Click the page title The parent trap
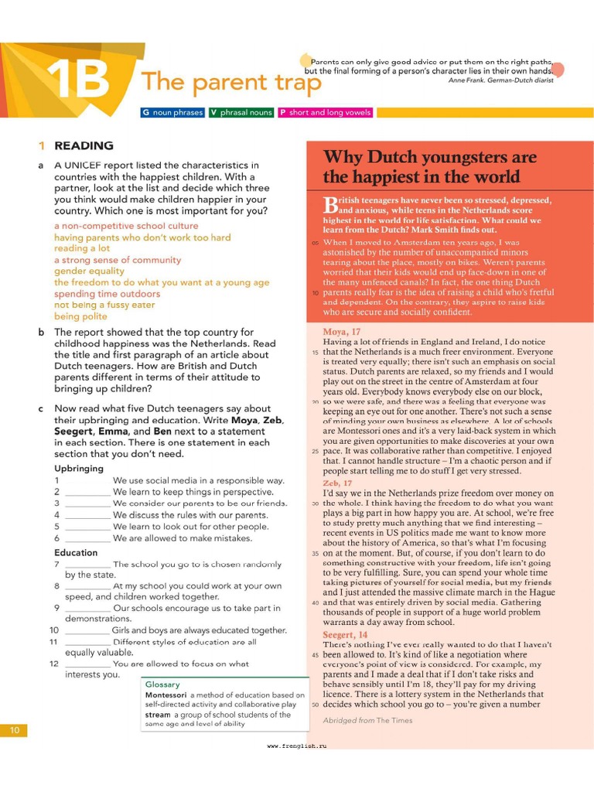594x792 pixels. tap(231, 81)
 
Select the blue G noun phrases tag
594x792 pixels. tap(172, 112)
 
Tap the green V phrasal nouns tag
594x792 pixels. tap(241, 112)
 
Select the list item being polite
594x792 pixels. tap(80, 316)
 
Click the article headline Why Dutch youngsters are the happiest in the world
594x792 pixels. tap(429, 167)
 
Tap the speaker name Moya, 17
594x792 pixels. tap(341, 332)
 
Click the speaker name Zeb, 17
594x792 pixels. tap(337, 483)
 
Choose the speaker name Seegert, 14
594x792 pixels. tap(345, 634)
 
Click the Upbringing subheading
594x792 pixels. tap(79, 469)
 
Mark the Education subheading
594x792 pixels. tap(76, 552)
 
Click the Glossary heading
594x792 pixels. tap(162, 684)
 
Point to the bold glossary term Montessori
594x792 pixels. tap(166, 695)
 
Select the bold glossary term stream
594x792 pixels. tap(159, 715)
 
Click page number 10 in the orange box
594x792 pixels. tap(14, 731)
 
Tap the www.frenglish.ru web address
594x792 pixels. tap(297, 746)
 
